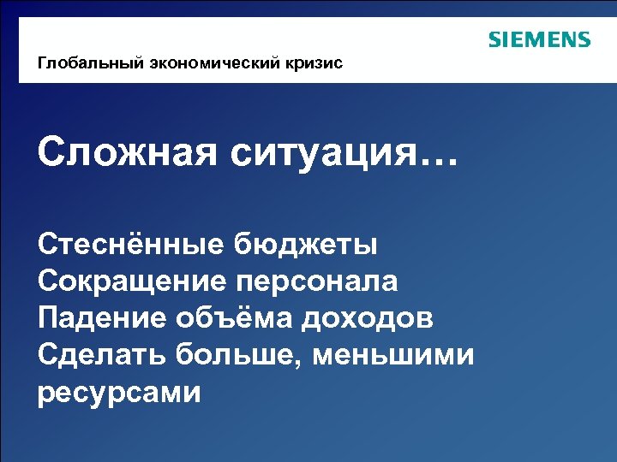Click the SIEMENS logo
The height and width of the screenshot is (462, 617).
tap(539, 39)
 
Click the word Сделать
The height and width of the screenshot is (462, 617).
tap(101, 355)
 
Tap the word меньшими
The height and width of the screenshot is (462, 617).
tap(393, 355)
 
